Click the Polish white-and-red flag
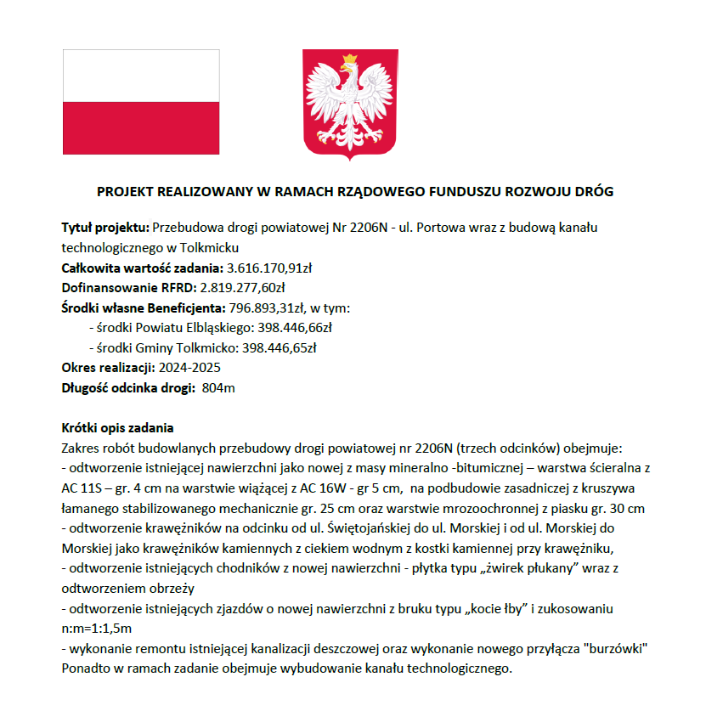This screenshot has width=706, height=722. [141, 102]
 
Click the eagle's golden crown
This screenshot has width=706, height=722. [349, 62]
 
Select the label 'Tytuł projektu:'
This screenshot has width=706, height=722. [105, 228]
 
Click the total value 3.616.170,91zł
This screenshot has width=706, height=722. [265, 268]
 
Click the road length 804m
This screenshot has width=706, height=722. [219, 388]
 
